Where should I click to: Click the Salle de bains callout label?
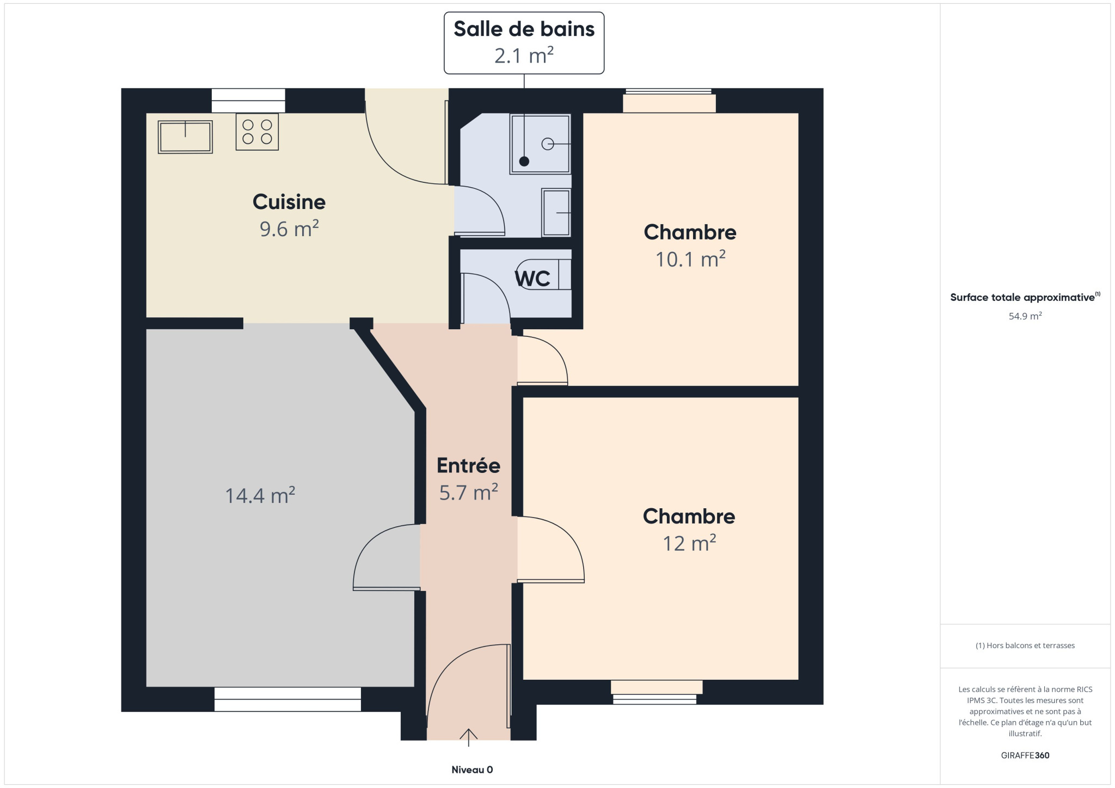(524, 42)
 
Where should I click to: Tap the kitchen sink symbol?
(185, 137)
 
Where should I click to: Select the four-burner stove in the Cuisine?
(257, 132)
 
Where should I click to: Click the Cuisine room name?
(289, 202)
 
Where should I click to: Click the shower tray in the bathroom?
(540, 144)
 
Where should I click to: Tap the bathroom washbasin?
(556, 212)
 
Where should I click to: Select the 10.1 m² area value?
(690, 259)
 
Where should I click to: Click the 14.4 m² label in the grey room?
(260, 495)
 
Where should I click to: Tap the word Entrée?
(468, 465)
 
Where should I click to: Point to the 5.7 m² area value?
(468, 492)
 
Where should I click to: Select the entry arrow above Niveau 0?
(468, 737)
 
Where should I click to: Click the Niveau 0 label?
(472, 769)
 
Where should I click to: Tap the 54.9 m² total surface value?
(1025, 316)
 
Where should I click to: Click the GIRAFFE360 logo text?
(1025, 755)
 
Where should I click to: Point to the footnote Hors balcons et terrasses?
(1025, 645)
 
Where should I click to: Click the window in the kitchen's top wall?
(248, 101)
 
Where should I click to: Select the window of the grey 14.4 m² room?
(287, 699)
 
